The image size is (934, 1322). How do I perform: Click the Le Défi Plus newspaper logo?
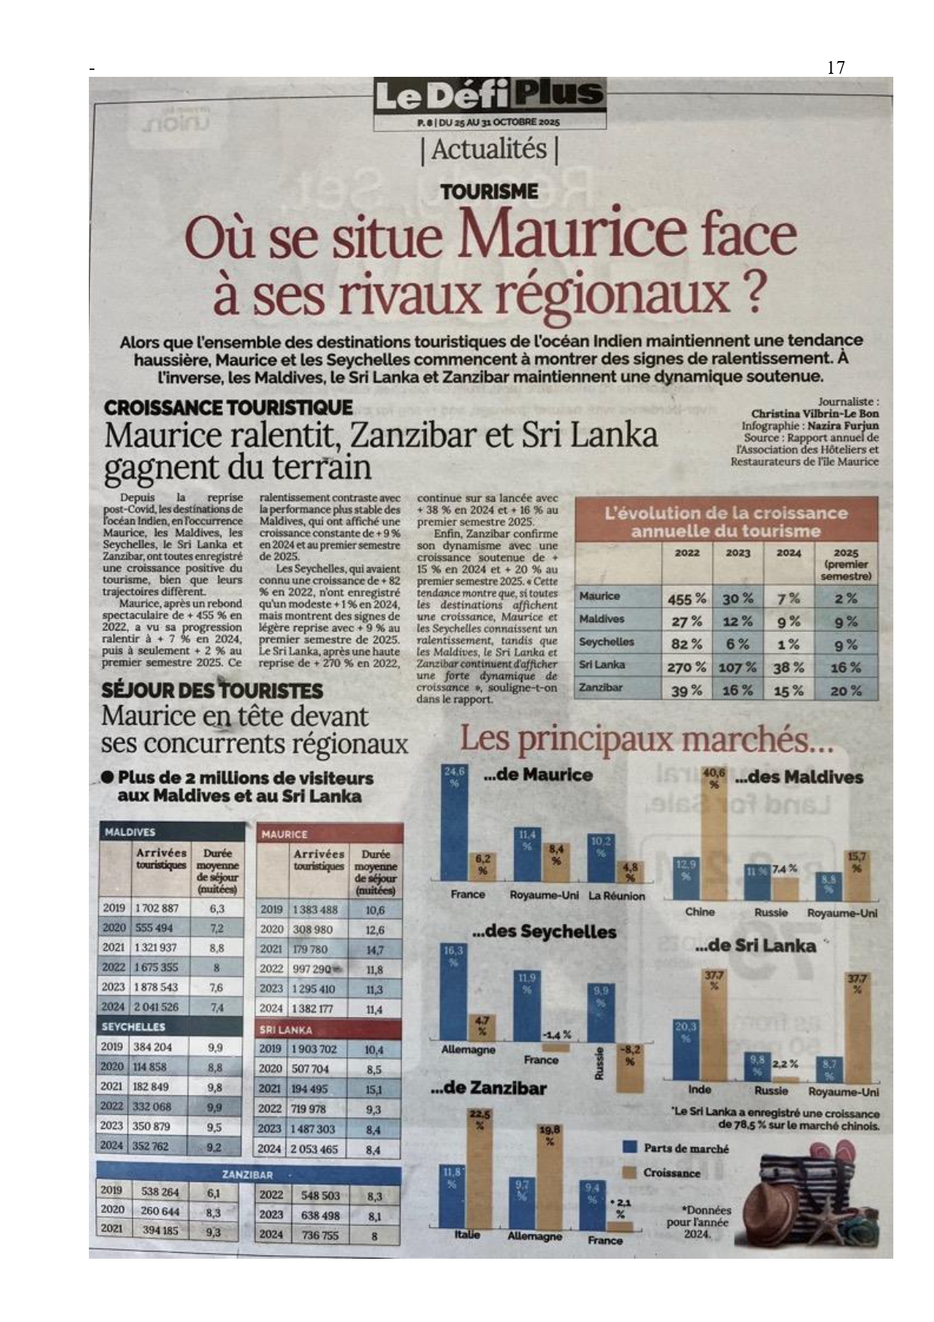(x=490, y=96)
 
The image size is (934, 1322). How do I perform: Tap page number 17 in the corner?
(x=836, y=68)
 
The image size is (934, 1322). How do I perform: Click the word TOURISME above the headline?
(x=490, y=192)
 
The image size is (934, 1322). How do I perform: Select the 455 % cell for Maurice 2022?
(x=686, y=599)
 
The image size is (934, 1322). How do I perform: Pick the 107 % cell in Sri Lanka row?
(x=737, y=668)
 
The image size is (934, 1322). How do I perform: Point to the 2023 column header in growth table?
(x=737, y=553)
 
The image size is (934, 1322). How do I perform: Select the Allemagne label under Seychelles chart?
(x=468, y=1049)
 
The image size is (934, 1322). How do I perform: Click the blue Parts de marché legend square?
(x=631, y=1147)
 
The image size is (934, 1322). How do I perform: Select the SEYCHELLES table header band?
(x=171, y=1027)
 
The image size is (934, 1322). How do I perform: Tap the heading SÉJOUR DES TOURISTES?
(x=212, y=691)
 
